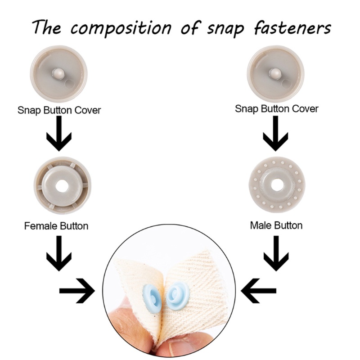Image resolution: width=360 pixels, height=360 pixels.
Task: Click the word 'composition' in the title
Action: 121,28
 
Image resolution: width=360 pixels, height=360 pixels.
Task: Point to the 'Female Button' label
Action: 56,225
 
